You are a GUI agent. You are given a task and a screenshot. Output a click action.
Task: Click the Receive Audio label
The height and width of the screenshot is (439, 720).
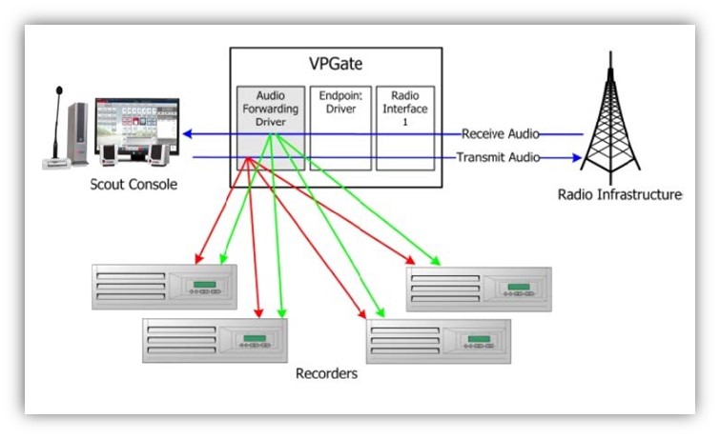click(500, 133)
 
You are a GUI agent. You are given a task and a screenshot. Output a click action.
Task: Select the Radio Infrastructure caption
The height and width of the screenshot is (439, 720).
click(620, 195)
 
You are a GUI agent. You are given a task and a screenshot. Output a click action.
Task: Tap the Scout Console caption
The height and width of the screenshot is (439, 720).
click(134, 185)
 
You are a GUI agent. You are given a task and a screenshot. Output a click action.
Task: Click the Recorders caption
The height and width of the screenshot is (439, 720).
click(326, 374)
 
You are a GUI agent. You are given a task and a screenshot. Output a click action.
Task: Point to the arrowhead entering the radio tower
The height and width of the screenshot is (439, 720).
click(576, 158)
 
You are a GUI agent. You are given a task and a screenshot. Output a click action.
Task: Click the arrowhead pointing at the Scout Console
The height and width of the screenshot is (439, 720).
click(187, 134)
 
